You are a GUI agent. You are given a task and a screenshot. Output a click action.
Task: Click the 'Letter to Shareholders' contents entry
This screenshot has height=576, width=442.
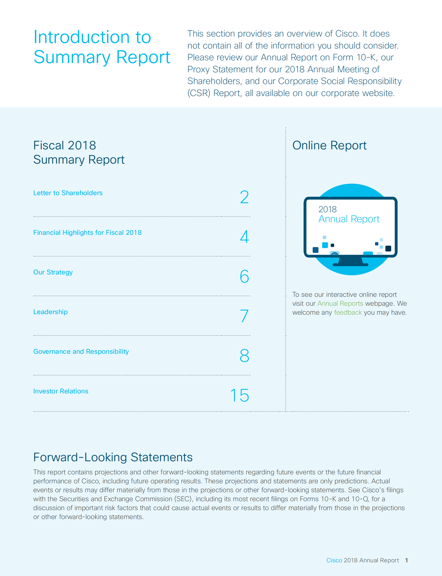[x=68, y=193]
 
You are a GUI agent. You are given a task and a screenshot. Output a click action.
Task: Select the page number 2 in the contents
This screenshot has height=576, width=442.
[x=244, y=197]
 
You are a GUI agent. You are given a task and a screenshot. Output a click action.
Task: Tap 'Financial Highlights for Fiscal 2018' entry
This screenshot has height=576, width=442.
[x=87, y=233]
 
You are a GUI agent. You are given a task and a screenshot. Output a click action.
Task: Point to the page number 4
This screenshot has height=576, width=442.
[x=244, y=237]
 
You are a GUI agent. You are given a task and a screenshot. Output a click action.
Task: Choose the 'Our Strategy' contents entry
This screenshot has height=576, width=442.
[x=53, y=272]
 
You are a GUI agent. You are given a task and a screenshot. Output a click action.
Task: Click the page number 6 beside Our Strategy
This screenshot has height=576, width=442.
[x=244, y=276]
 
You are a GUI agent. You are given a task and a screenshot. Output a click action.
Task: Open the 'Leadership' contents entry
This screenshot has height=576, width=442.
[x=51, y=312]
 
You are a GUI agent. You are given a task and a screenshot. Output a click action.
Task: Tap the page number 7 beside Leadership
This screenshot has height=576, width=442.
[x=244, y=316]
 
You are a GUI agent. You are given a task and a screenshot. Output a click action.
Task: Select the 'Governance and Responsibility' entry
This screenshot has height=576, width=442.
[x=81, y=352]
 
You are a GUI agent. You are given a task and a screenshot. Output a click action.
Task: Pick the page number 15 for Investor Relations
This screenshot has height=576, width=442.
[x=240, y=395]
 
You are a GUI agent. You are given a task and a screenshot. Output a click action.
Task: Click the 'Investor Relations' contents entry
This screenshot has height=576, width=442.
[x=61, y=391]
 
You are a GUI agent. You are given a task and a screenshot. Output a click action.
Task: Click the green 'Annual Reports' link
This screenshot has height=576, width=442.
[x=340, y=303]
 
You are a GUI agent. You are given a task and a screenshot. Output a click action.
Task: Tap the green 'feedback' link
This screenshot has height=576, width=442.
[x=348, y=312]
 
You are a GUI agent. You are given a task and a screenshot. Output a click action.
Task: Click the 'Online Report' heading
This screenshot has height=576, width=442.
[x=329, y=145]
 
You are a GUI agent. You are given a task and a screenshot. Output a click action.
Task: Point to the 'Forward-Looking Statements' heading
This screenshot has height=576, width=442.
[x=113, y=457]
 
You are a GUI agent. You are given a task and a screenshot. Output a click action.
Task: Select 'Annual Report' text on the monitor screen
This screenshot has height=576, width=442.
[x=349, y=219]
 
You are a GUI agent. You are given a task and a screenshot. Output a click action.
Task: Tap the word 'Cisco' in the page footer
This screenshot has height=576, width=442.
[x=334, y=560]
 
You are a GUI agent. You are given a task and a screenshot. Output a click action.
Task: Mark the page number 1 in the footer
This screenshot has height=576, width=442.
[x=407, y=560]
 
